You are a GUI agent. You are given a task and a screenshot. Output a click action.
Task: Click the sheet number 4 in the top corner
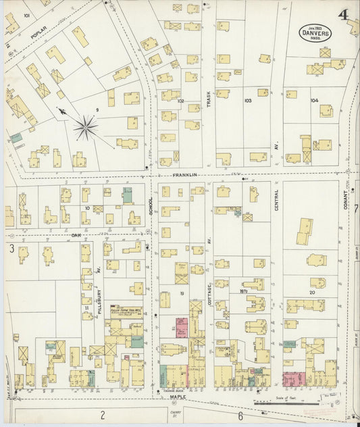pos(344,14)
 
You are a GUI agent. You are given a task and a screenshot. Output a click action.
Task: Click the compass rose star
pos(86,126)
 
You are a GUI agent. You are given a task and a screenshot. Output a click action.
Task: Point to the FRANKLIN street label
pos(184,174)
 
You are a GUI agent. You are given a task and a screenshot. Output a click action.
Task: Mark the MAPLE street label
pos(178,397)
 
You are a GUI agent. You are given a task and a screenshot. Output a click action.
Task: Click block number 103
pos(247,101)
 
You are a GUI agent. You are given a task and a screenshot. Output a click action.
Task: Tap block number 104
pos(314,100)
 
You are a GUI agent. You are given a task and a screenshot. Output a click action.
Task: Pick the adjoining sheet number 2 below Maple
pos(103,414)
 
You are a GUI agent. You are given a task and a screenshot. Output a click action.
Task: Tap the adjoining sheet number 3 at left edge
pos(11,249)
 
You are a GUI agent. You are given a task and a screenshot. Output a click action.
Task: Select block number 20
pos(311,293)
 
